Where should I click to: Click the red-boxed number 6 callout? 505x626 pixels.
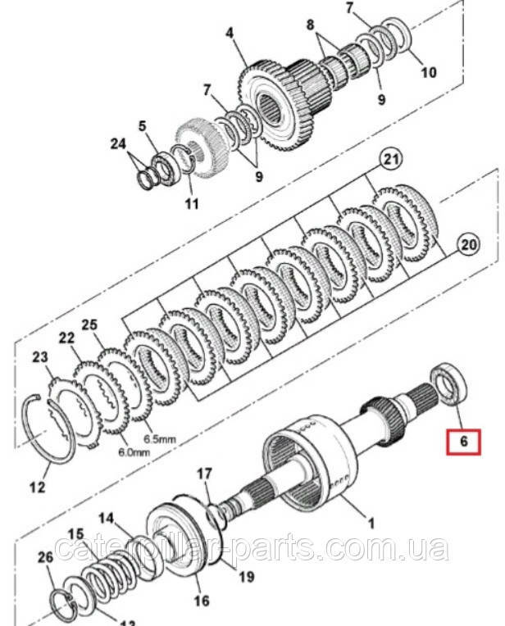[x=464, y=441]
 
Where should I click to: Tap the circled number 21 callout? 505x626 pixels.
[x=392, y=160]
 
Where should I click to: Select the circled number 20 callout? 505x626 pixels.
[x=466, y=243]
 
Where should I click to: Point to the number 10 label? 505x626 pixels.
[x=428, y=72]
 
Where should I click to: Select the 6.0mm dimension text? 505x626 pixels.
[x=134, y=451]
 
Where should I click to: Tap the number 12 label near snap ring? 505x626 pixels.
[x=38, y=489]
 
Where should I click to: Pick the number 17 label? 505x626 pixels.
[x=204, y=473]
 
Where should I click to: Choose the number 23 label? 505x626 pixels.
[x=39, y=356]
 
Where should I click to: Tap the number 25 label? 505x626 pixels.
[x=89, y=325]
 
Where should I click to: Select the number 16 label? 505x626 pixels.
[x=201, y=601]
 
